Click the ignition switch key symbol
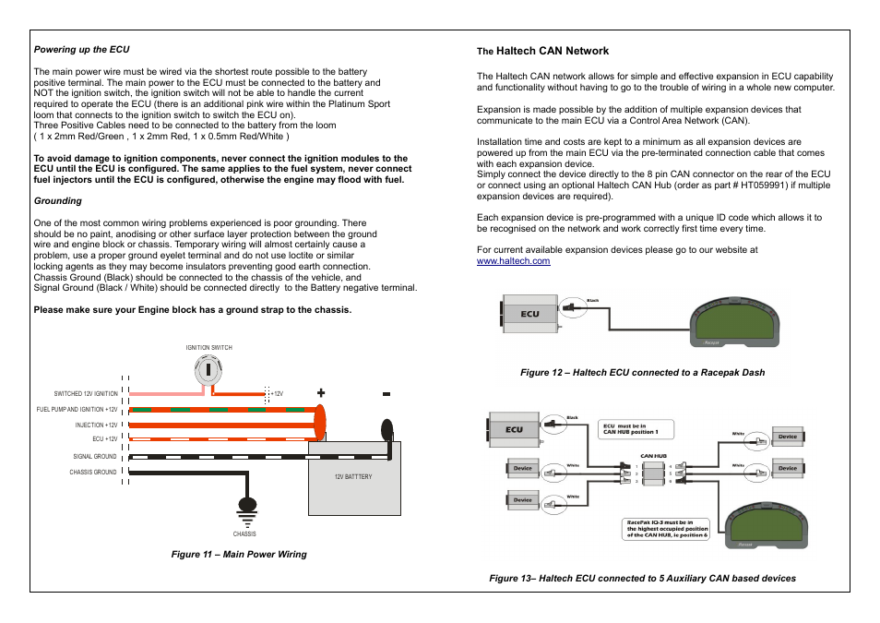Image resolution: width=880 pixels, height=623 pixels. (x=209, y=370)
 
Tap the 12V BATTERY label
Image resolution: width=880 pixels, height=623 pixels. (x=353, y=476)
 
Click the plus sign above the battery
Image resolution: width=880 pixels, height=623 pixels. (x=321, y=393)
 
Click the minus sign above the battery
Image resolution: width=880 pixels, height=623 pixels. (x=386, y=394)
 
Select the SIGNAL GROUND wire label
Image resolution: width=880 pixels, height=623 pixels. (x=95, y=456)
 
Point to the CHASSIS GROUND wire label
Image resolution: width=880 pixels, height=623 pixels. (x=93, y=472)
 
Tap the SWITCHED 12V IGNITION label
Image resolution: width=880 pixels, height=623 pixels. (x=86, y=394)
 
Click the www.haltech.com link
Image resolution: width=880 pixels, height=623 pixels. (x=513, y=261)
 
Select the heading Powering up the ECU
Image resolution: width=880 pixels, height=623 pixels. (x=82, y=49)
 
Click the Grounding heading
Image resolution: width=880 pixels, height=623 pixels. (x=58, y=200)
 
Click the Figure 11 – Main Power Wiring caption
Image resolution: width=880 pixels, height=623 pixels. (x=238, y=555)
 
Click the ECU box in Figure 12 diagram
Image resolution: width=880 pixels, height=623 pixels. (x=529, y=314)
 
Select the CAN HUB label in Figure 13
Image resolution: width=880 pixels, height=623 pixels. (x=653, y=456)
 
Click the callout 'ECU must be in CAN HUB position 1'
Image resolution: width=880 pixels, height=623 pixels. (x=636, y=429)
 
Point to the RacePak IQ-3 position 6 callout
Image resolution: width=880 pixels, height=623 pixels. (x=668, y=528)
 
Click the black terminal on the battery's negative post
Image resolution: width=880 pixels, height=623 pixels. (x=386, y=429)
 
